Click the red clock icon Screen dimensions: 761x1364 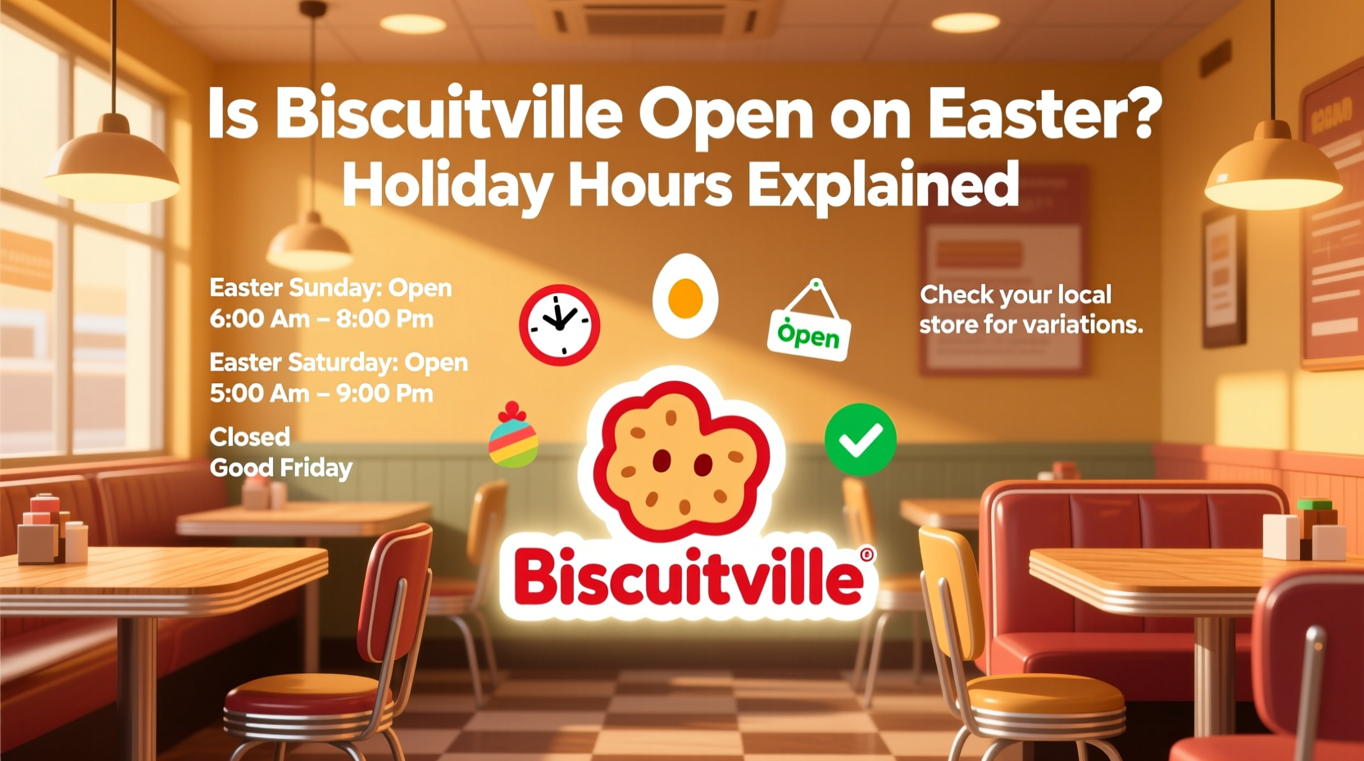coord(560,326)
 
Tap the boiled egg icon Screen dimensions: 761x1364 coord(685,296)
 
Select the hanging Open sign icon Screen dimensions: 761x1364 coord(810,325)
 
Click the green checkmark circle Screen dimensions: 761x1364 coord(860,440)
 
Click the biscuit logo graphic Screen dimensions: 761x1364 coord(681,459)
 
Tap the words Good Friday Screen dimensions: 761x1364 coord(281,467)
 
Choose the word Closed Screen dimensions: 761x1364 coord(250,436)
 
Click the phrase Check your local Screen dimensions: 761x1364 coord(1016,294)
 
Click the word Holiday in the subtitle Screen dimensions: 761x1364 coord(446,185)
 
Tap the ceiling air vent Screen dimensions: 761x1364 coord(652,18)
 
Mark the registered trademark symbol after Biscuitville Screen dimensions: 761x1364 coord(867,555)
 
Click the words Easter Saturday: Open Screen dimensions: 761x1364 coord(339,362)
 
